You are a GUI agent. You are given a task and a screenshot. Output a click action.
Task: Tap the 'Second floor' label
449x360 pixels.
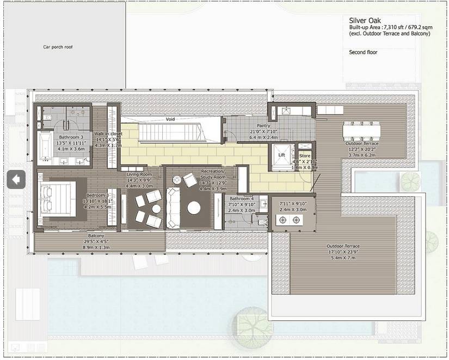pos(363,52)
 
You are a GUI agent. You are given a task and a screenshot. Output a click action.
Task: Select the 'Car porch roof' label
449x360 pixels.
pos(58,47)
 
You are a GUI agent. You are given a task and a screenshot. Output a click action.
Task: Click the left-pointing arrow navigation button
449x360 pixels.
pos(16,179)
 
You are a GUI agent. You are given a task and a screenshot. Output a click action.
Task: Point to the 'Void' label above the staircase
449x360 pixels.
pos(170,118)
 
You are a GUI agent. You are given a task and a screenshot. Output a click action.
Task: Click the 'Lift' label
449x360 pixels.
pos(281,155)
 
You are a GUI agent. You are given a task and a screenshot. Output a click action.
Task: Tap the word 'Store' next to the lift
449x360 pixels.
pos(305,155)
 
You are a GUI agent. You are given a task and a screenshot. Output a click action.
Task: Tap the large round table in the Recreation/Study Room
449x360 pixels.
pos(194,208)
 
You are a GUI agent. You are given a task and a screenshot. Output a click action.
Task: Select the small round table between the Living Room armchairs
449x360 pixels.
pos(156,209)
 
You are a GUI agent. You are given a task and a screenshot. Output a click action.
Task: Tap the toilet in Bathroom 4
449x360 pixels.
pos(261,221)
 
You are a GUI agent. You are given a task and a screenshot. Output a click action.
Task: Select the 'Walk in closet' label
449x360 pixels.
pos(108,133)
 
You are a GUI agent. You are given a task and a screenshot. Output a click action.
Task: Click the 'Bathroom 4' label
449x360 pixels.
pos(241,199)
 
